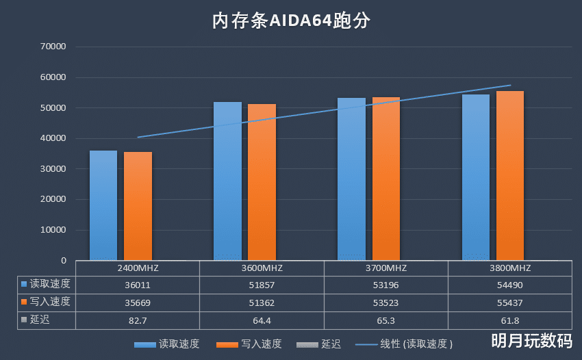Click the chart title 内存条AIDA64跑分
290,21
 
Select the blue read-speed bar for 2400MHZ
103,205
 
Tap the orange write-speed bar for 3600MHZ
262,182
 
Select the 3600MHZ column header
262,268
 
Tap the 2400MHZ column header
138,268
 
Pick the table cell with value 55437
509,302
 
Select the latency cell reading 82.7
138,320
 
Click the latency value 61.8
509,320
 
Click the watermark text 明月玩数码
531,340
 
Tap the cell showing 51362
262,302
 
